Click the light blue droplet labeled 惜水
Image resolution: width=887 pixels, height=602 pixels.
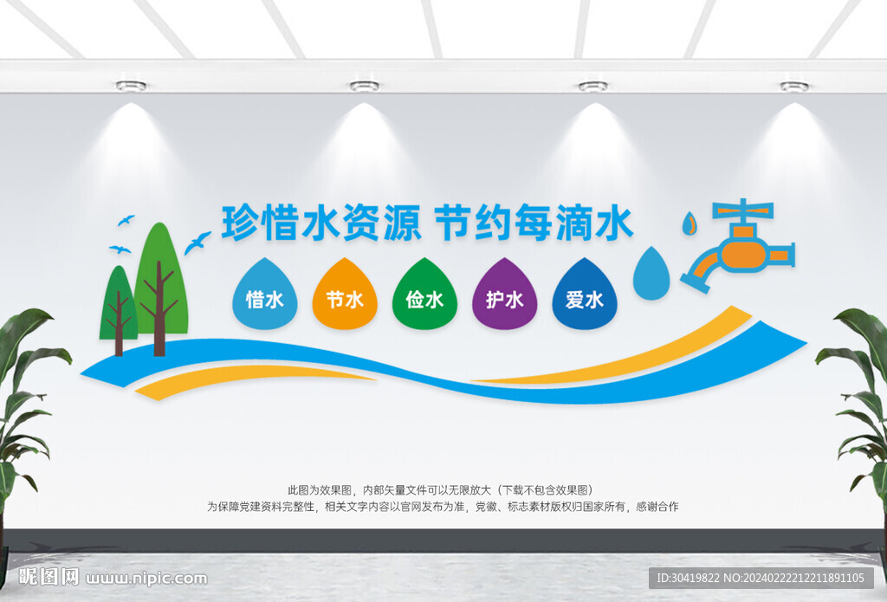click(265, 295)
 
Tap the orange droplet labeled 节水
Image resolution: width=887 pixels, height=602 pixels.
click(345, 295)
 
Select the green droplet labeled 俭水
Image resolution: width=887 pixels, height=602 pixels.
click(424, 295)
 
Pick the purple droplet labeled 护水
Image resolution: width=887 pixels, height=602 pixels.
click(505, 295)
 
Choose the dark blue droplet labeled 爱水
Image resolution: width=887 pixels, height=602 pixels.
click(585, 295)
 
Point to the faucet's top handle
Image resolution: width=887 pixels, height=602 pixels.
click(742, 210)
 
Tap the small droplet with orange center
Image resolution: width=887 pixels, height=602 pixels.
click(689, 223)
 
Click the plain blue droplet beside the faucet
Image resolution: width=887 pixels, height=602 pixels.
click(651, 274)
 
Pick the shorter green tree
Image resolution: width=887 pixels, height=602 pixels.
click(118, 306)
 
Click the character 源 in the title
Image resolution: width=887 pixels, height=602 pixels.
click(402, 223)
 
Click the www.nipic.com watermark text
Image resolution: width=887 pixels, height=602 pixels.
click(146, 579)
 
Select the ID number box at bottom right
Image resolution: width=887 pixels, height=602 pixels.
click(761, 578)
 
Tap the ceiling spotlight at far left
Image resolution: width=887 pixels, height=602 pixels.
click(132, 86)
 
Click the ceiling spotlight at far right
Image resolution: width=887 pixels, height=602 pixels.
click(794, 86)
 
